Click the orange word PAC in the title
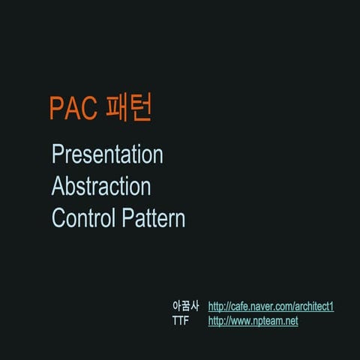point(73,109)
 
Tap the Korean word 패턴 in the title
point(130,108)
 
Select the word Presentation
point(107,155)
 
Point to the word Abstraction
point(101,187)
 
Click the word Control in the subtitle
point(83,218)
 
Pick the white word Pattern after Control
point(153,218)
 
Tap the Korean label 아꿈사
point(185,307)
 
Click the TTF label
point(181,321)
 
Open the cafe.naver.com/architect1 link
point(271,307)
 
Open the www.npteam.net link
point(253,321)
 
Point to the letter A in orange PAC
point(73,109)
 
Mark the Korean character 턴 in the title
point(142,108)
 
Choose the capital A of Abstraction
point(58,187)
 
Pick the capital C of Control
point(58,218)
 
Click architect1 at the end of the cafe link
point(312,307)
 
